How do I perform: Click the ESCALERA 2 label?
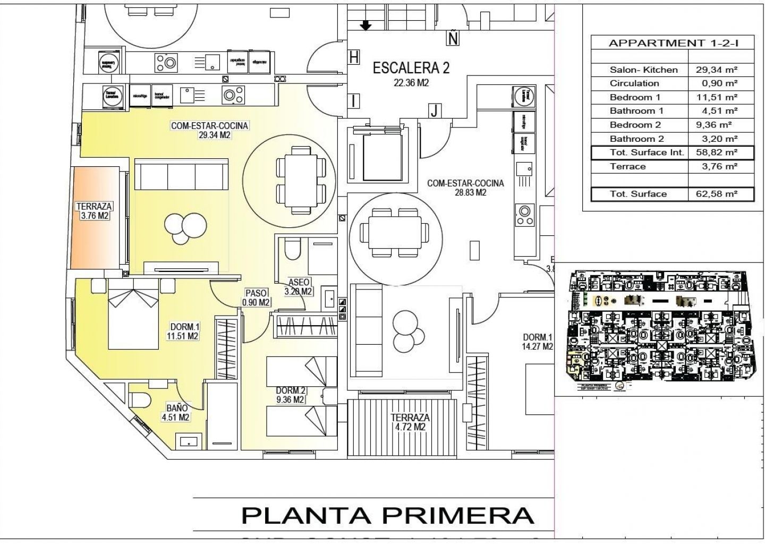[411, 69]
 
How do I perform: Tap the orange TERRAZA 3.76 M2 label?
[95, 211]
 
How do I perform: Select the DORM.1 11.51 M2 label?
[184, 331]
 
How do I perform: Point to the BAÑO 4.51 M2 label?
[177, 413]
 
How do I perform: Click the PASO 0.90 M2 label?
[256, 297]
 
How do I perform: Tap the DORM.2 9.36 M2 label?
[290, 395]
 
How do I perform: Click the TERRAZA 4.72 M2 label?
[410, 422]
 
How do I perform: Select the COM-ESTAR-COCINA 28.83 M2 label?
[465, 188]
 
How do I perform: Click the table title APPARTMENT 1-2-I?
[673, 43]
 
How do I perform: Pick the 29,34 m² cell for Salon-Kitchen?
[717, 70]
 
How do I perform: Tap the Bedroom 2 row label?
[635, 125]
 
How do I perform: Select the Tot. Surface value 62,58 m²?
[717, 194]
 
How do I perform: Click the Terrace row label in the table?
[627, 166]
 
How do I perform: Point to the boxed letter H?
[354, 57]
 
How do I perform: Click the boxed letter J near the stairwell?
[435, 110]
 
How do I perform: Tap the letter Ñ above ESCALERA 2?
[453, 38]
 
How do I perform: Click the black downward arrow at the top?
[366, 25]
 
